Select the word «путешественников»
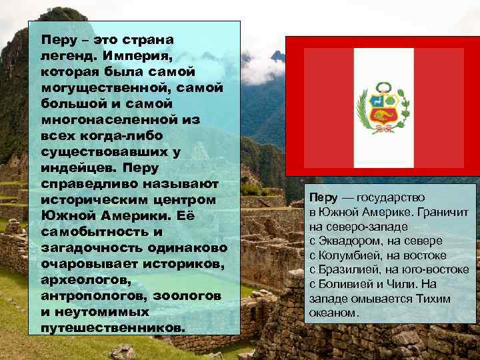[x=111, y=328]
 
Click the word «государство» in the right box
[x=391, y=198]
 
